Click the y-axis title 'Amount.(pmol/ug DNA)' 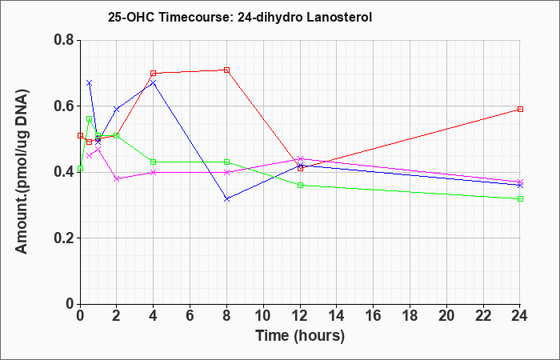[x=22, y=171]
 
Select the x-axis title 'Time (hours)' [x=300, y=336]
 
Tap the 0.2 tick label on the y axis [x=64, y=238]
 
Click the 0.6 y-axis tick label [x=64, y=106]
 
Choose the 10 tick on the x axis [x=263, y=316]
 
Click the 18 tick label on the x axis [x=410, y=316]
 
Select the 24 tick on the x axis [x=519, y=316]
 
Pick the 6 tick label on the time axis [x=190, y=316]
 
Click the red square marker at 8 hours [x=226, y=70]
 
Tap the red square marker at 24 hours [x=520, y=110]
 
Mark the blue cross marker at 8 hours [x=226, y=198]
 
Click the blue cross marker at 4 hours [x=154, y=83]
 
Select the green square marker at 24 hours [x=520, y=198]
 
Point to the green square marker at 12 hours [x=300, y=185]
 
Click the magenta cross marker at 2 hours [x=117, y=178]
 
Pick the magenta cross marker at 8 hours [x=226, y=172]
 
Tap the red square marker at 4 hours [x=154, y=74]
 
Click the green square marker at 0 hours [x=80, y=169]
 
